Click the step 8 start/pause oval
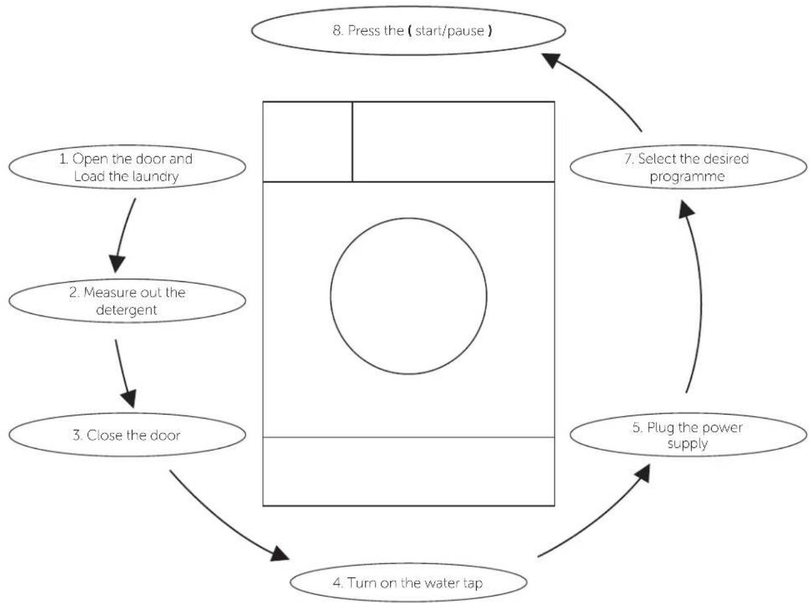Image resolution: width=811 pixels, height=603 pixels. [409, 31]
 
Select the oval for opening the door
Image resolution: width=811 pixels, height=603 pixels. [127, 167]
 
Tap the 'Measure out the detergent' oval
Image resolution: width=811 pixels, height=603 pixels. [127, 301]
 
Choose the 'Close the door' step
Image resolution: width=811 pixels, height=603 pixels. [127, 435]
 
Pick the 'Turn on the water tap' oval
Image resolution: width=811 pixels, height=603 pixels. [409, 582]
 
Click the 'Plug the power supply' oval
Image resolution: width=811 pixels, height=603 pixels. [688, 435]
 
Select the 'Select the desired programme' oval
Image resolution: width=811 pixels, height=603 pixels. [688, 167]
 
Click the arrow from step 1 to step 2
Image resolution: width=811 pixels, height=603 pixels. [123, 234]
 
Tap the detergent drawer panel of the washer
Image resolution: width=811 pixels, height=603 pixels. [307, 141]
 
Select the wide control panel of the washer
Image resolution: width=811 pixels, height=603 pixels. [454, 141]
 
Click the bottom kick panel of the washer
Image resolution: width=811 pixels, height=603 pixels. [409, 471]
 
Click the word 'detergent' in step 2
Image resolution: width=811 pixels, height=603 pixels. [126, 310]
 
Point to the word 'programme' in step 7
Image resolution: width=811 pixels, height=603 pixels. [687, 177]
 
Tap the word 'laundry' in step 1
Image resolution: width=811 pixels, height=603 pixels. [155, 177]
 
